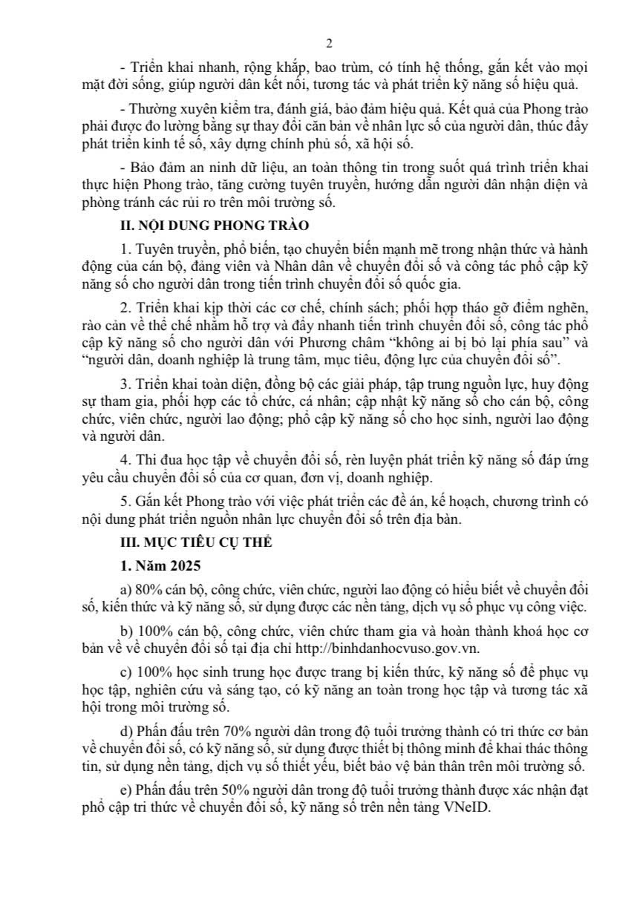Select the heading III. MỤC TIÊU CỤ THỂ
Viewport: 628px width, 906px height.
pos(192,542)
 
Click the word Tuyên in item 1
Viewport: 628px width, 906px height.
pos(153,246)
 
